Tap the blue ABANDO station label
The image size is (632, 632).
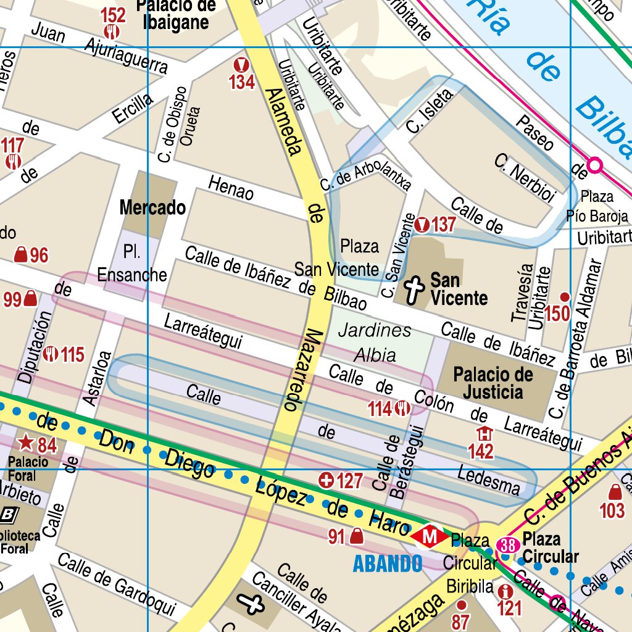click(x=387, y=563)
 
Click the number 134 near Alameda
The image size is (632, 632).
click(x=242, y=81)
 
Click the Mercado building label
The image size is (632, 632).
click(x=152, y=208)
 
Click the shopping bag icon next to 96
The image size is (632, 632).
click(x=20, y=255)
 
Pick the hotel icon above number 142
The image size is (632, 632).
click(x=483, y=434)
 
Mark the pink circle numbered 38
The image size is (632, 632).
click(x=509, y=546)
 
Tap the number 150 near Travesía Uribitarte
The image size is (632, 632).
click(x=557, y=314)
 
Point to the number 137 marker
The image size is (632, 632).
click(x=443, y=225)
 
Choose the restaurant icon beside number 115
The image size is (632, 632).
click(x=51, y=354)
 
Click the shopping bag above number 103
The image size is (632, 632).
click(x=615, y=492)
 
